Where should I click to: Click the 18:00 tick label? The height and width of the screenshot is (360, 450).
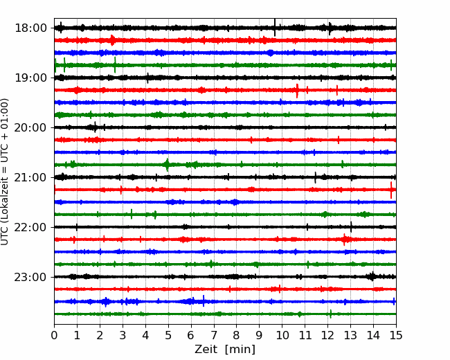coord(30,28)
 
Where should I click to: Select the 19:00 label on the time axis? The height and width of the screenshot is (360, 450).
coord(30,78)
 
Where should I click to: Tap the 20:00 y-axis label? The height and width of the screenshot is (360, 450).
coord(30,127)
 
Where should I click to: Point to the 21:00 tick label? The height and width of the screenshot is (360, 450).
coord(30,177)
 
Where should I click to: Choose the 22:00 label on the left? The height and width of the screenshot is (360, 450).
coord(30,227)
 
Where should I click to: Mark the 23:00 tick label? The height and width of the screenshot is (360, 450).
coord(30,277)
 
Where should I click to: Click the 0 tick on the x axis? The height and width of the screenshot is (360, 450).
coord(54,335)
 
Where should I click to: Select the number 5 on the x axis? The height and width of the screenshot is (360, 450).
coord(168,335)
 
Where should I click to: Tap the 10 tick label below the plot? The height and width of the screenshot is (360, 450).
coord(282,335)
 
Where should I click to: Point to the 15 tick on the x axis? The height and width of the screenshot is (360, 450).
coord(396,335)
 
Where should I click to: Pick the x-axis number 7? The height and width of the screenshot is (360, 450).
coord(214,335)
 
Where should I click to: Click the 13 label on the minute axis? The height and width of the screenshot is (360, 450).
coord(350,335)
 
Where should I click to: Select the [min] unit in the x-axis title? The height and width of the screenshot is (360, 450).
coord(240,350)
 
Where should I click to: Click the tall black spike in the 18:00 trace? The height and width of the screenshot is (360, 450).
coord(275,28)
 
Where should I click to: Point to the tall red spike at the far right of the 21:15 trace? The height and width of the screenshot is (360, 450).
coord(391,190)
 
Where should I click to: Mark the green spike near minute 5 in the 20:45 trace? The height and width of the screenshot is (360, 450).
coord(168,165)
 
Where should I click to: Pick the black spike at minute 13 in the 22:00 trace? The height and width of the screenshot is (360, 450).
coord(351,227)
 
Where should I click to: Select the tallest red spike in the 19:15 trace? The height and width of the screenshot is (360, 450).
coord(297,91)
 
